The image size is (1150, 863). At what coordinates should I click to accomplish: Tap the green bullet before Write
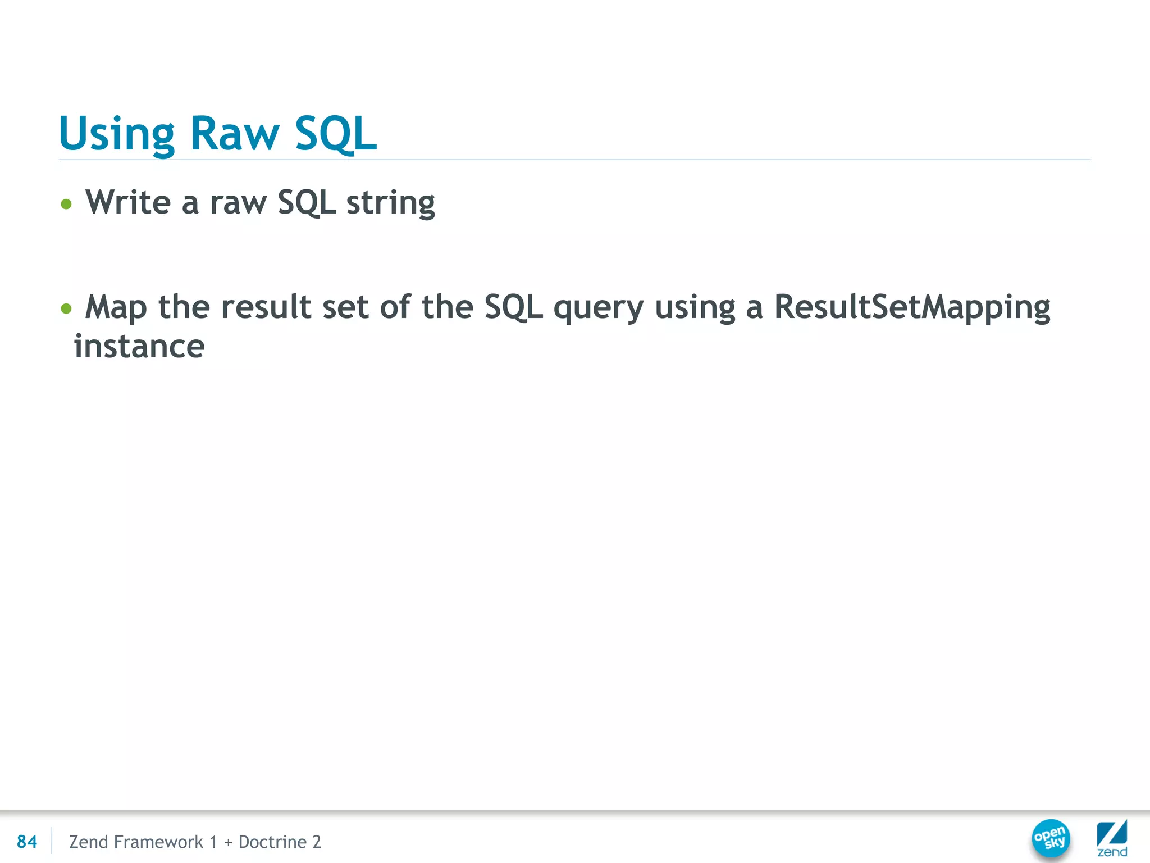66,204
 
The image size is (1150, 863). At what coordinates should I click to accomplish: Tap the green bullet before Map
66,308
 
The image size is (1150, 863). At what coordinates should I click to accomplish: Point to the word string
390,203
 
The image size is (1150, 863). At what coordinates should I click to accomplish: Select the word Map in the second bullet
116,308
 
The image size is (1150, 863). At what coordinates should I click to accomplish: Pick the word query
598,308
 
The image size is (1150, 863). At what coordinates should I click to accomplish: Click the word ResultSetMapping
912,308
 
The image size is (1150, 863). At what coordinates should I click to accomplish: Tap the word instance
139,346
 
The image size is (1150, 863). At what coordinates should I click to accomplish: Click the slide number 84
27,842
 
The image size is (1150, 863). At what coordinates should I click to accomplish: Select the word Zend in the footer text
88,842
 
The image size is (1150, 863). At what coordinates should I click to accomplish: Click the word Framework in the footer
158,842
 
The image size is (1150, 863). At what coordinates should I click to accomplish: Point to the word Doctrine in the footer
272,842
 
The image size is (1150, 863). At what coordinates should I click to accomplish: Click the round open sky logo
1051,838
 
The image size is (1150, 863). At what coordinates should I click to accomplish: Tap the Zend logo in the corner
1112,838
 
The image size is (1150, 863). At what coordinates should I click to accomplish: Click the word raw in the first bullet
238,203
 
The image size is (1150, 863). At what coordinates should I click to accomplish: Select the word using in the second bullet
695,308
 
